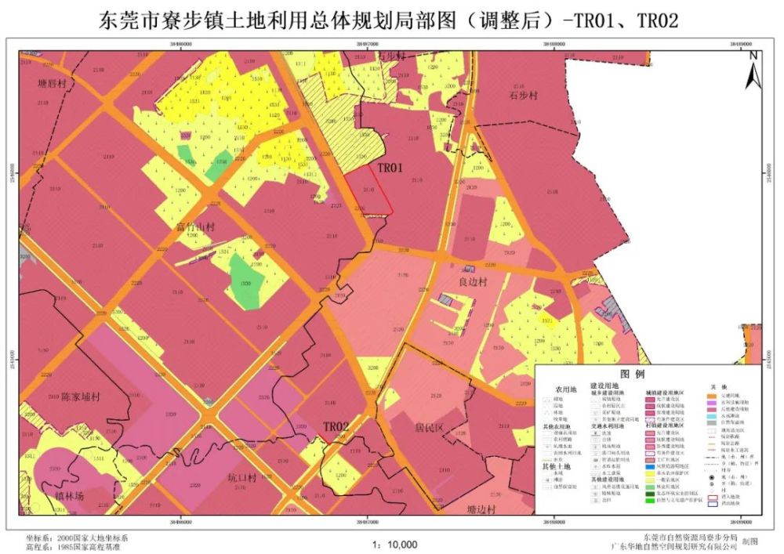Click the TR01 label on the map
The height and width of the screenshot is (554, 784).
[390, 167]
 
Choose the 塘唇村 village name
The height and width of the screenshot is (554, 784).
[54, 83]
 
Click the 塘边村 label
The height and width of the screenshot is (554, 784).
[481, 509]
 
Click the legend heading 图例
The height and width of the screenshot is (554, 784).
[632, 375]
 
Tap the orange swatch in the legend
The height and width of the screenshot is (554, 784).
[712, 396]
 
